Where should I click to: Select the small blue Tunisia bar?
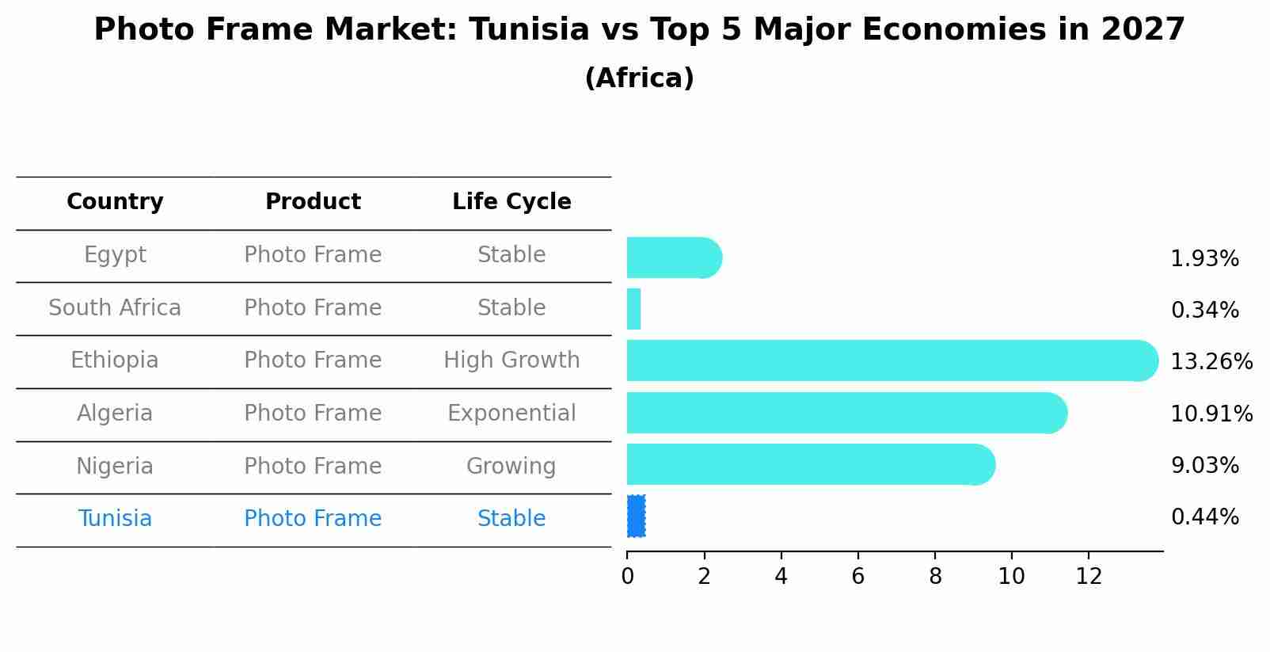click(x=636, y=516)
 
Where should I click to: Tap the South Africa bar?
click(x=633, y=309)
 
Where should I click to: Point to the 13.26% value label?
click(x=1211, y=362)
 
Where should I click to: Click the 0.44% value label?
click(x=1204, y=517)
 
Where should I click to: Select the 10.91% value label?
click(x=1211, y=414)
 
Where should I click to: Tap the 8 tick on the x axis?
click(x=935, y=577)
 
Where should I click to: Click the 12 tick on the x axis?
click(x=1089, y=577)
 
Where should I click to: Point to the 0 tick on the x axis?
click(x=627, y=577)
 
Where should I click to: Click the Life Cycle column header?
click(x=511, y=202)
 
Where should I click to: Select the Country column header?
click(x=115, y=202)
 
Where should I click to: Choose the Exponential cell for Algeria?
click(x=511, y=414)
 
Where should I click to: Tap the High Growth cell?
click(x=511, y=360)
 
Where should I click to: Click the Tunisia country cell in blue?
click(x=115, y=519)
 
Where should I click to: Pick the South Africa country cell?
click(x=115, y=308)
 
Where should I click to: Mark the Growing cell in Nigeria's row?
click(x=511, y=467)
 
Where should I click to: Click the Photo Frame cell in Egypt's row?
click(x=313, y=255)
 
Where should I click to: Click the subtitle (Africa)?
click(x=639, y=78)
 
